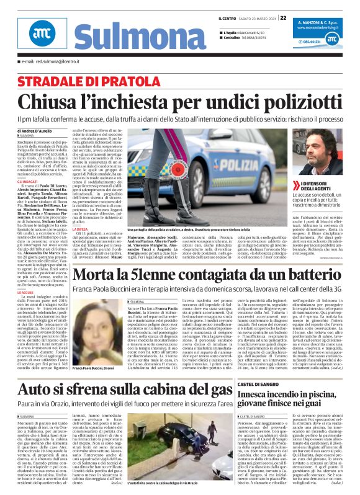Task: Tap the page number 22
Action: (283, 17)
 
